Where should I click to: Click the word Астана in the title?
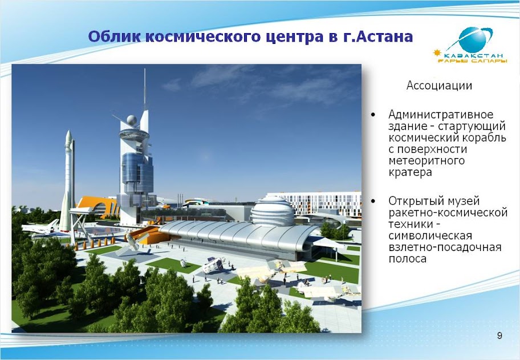click(385, 37)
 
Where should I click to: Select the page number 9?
click(499, 336)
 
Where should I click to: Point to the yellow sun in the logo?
click(438, 52)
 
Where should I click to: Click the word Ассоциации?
click(439, 86)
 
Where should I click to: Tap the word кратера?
click(410, 172)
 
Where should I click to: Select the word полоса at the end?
click(407, 259)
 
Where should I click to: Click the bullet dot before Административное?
click(373, 115)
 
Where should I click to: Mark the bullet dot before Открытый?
click(373, 201)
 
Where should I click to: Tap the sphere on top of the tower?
click(132, 119)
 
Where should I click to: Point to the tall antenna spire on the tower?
click(145, 89)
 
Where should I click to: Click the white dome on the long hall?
click(273, 210)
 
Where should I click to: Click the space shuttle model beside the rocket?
click(40, 228)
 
